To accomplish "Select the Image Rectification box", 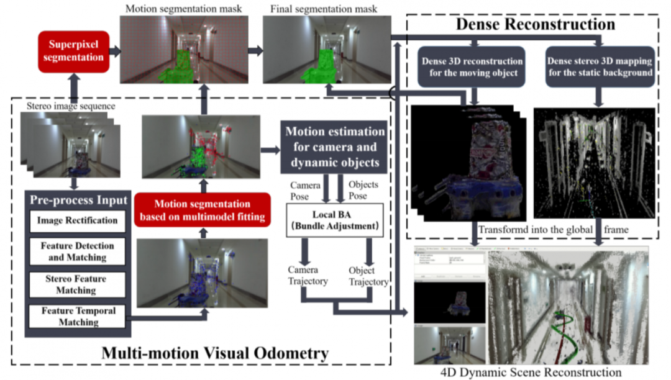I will (77, 220).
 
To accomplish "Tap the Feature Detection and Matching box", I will (77, 251).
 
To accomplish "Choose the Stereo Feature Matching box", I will (77, 285).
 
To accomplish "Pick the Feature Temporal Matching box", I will (77, 316).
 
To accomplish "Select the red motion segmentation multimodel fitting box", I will (203, 209).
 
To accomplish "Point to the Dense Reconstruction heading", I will (535, 24).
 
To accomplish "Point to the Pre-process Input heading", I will (78, 201).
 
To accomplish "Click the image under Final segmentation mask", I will (327, 50).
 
